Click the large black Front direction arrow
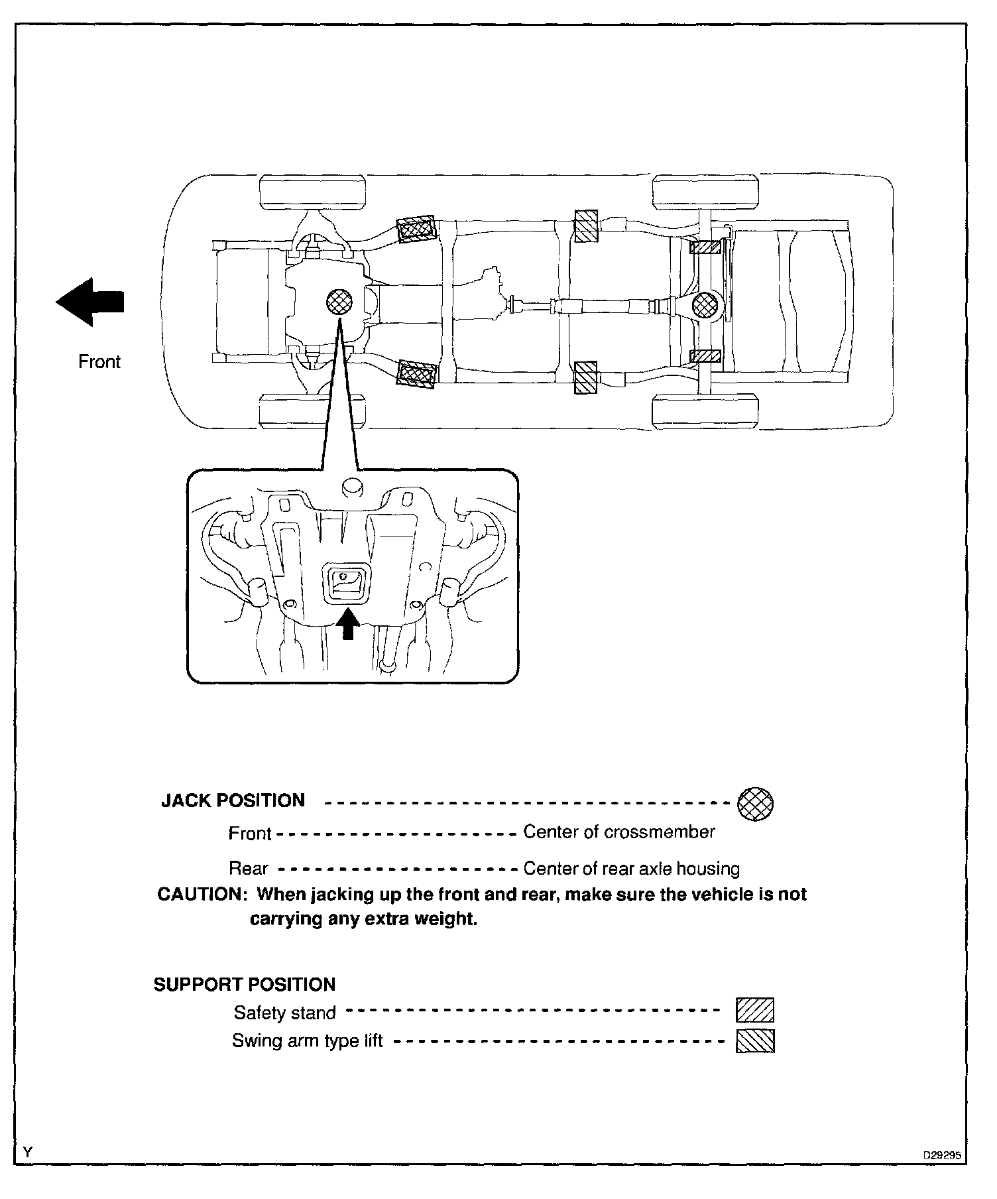(90, 302)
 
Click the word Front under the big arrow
(99, 362)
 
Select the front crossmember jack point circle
(340, 302)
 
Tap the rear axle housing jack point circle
(704, 306)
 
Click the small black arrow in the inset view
(349, 624)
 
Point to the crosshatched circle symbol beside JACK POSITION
(755, 804)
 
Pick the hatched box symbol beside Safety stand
(755, 1011)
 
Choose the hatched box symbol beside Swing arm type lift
(755, 1041)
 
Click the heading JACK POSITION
(233, 800)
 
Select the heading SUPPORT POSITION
(245, 984)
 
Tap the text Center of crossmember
(619, 832)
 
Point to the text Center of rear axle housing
(631, 868)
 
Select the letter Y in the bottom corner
(27, 1153)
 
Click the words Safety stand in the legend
(284, 1013)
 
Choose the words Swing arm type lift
(307, 1041)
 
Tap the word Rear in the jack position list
(248, 868)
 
